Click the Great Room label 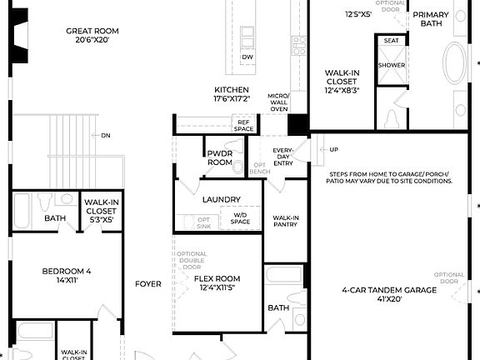pyautogui.click(x=87, y=35)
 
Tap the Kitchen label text pyautogui.click(x=232, y=94)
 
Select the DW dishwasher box pyautogui.click(x=247, y=57)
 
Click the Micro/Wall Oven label pyautogui.click(x=278, y=102)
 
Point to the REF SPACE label pyautogui.click(x=243, y=125)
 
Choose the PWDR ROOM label pyautogui.click(x=219, y=157)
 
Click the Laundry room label pyautogui.click(x=221, y=200)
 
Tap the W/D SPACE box pyautogui.click(x=240, y=218)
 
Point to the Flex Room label pyautogui.click(x=217, y=283)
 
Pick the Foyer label pyautogui.click(x=148, y=284)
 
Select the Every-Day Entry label pyautogui.click(x=283, y=157)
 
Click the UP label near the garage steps pyautogui.click(x=334, y=150)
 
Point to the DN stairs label pyautogui.click(x=106, y=135)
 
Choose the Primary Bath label pyautogui.click(x=431, y=19)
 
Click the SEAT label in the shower pyautogui.click(x=392, y=40)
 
